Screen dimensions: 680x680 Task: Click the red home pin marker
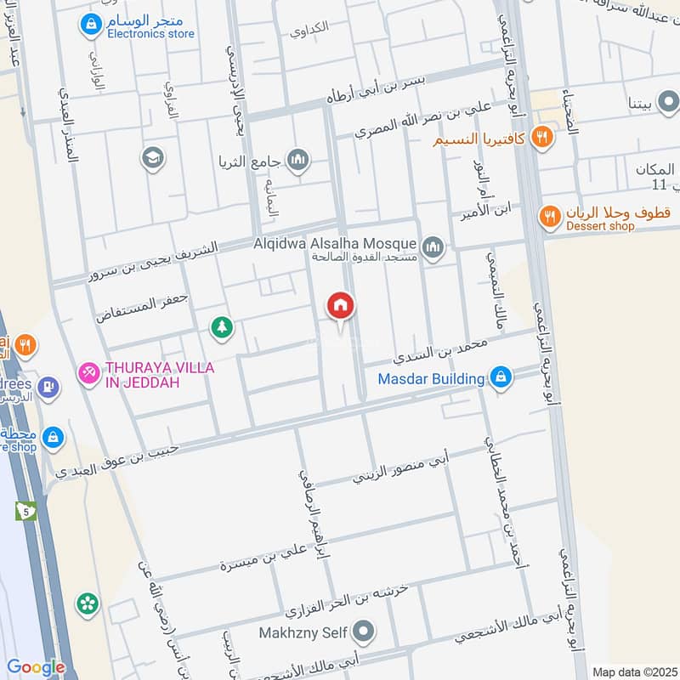pyautogui.click(x=341, y=305)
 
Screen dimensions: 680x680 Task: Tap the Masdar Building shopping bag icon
pyautogui.click(x=501, y=377)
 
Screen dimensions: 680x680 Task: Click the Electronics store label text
pyautogui.click(x=150, y=34)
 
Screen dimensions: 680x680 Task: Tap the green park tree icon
pyautogui.click(x=222, y=326)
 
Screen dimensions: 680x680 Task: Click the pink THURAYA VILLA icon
pyautogui.click(x=88, y=372)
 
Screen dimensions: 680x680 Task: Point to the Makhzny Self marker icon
pyautogui.click(x=364, y=632)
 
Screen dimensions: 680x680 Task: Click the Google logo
pyautogui.click(x=35, y=667)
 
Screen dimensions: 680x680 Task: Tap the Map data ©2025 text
pyautogui.click(x=633, y=671)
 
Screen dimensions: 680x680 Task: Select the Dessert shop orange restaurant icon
pyautogui.click(x=550, y=218)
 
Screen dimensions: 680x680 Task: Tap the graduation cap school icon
pyautogui.click(x=153, y=158)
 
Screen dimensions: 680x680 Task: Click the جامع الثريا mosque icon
pyautogui.click(x=297, y=159)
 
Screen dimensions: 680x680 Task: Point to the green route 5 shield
pyautogui.click(x=25, y=511)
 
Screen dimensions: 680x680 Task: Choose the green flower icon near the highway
pyautogui.click(x=88, y=603)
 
